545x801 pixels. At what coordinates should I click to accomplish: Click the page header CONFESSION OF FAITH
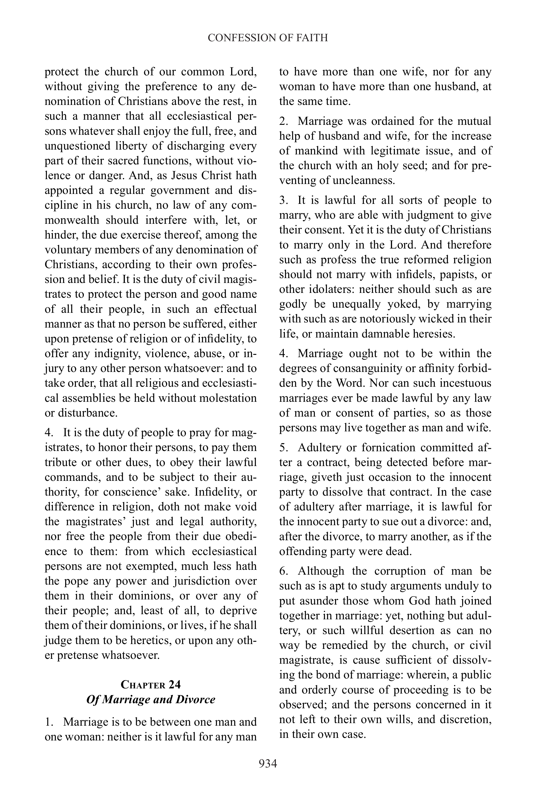pyautogui.click(x=268, y=38)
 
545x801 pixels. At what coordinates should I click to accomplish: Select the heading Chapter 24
pyautogui.click(x=151, y=684)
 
